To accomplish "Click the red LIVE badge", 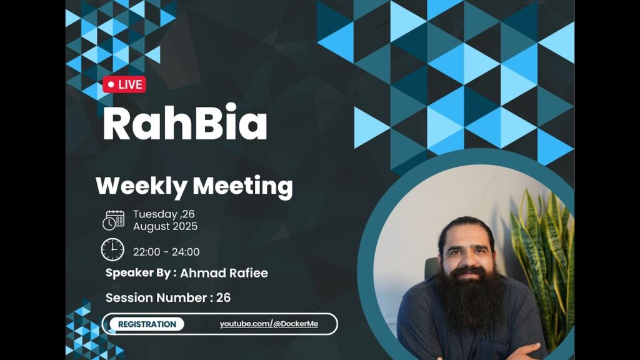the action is coord(124,84).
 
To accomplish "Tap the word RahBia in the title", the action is coord(185,123).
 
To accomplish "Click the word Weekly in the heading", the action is coord(141,186).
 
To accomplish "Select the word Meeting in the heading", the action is coord(243,186).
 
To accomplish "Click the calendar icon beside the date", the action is coord(114,221).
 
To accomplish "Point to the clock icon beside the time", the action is coord(112,250).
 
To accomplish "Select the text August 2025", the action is coord(165,226).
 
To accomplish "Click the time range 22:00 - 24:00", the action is coord(166,252).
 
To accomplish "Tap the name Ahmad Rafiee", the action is coord(224,273).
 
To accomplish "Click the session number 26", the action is coord(224,297).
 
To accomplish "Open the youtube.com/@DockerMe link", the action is coord(269,324).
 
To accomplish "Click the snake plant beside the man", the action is coord(544,261).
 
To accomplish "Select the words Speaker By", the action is coord(138,273).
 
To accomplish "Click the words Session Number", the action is coord(156,297).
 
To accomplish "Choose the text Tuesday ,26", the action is coord(164,214).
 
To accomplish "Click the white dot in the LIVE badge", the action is coord(111,84).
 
